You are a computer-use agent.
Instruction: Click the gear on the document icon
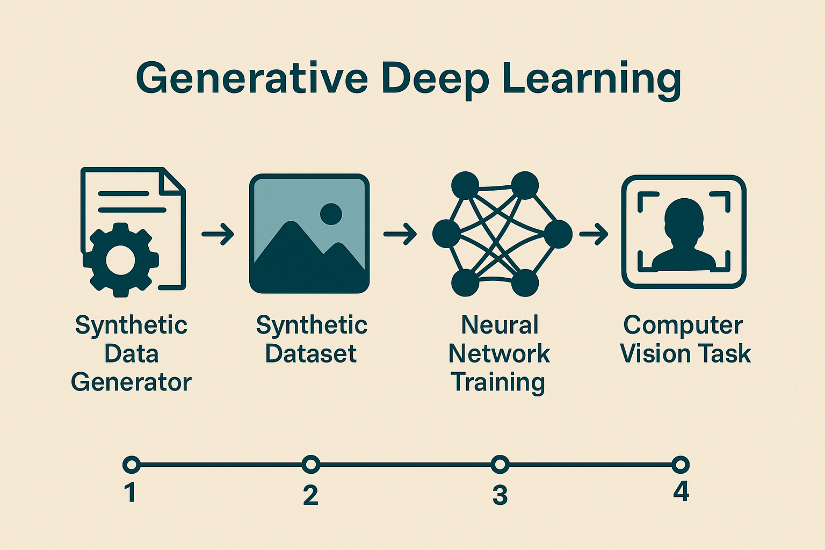pos(121,260)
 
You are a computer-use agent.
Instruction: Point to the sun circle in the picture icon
pos(331,214)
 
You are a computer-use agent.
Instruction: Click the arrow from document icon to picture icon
pos(218,234)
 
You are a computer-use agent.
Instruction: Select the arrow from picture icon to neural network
pos(400,234)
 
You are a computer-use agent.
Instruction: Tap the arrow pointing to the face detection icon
pos(594,234)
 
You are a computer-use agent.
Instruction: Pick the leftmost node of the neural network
pos(446,234)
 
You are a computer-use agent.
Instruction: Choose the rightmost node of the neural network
pos(559,234)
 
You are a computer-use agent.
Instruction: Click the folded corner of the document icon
pos(172,180)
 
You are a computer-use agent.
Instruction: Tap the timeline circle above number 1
pos(132,465)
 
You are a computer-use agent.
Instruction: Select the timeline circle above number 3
pos(500,464)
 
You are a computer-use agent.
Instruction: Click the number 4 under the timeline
pos(681,491)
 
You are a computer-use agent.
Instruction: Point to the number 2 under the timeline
pos(310,495)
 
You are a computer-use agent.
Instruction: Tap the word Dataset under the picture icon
pos(311,353)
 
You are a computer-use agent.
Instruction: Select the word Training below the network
pos(498,383)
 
